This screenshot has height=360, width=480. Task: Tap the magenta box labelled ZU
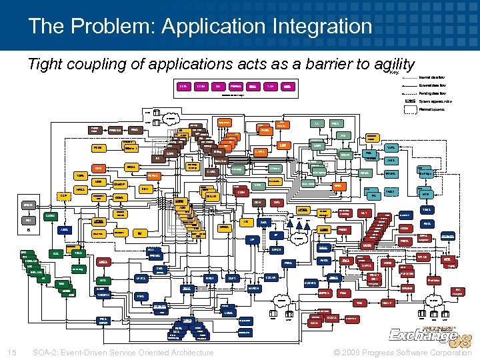click(217, 87)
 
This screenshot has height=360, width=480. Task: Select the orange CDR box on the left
click(99, 168)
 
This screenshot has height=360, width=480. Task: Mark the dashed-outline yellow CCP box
click(64, 195)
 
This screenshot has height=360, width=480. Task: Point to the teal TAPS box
click(393, 147)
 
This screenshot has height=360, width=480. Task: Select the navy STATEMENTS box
click(448, 237)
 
